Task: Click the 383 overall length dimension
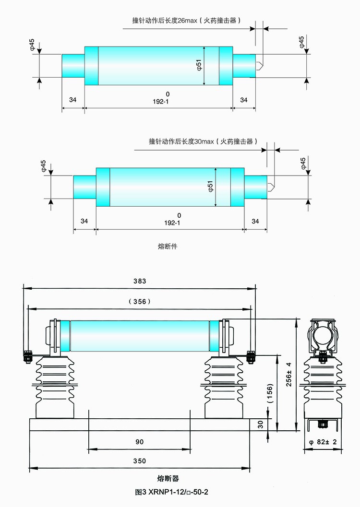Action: click(140, 281)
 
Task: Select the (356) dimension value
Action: click(140, 301)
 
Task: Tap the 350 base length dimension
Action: click(139, 461)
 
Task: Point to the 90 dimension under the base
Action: click(139, 441)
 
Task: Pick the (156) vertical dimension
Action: click(269, 394)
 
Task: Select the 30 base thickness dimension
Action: click(261, 424)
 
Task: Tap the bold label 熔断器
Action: click(168, 478)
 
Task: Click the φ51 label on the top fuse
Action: click(199, 66)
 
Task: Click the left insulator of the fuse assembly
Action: click(55, 386)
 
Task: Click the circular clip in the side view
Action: click(323, 336)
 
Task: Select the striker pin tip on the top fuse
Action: click(260, 65)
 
